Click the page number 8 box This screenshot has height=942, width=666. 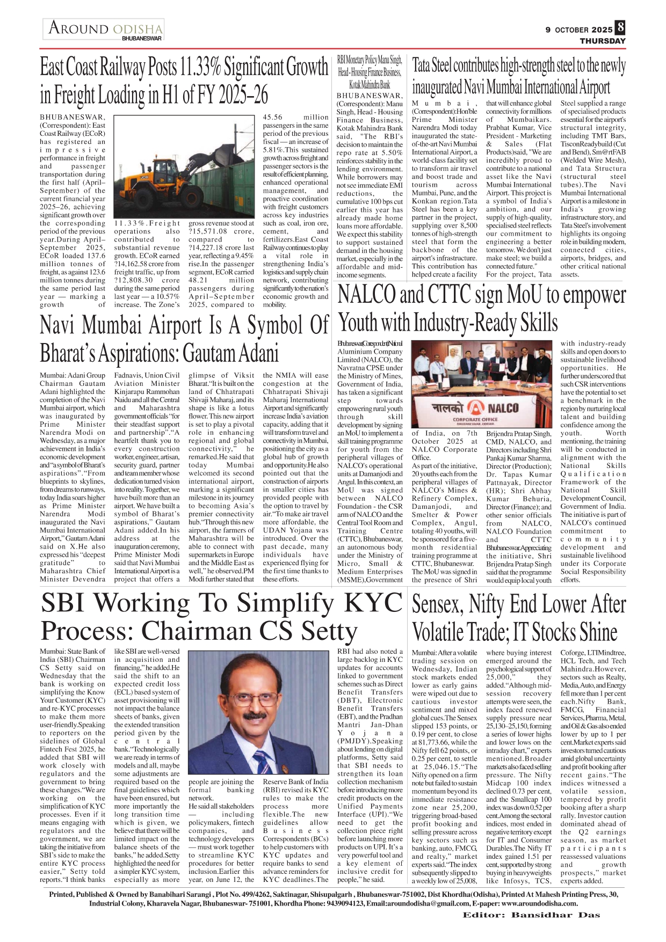click(620, 28)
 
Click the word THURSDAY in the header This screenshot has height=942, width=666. click(602, 41)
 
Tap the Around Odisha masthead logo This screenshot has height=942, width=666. click(105, 28)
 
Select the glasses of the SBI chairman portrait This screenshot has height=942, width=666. click(256, 700)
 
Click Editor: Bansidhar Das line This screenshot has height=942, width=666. click(531, 915)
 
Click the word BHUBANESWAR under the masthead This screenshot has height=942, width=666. click(142, 39)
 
